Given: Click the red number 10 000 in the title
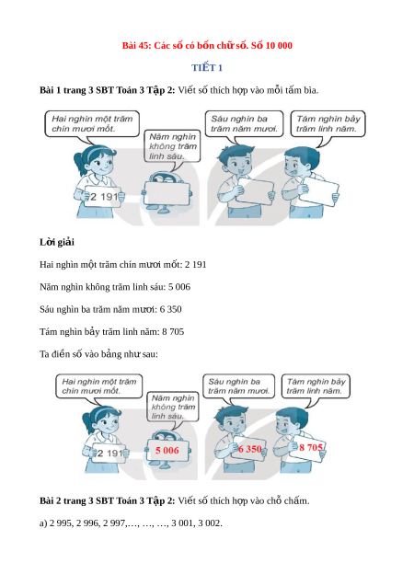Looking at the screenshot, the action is point(279,46).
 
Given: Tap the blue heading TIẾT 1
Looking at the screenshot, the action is point(207,68).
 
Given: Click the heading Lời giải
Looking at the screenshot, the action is point(57,242).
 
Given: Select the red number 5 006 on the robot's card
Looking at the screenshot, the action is point(167,451).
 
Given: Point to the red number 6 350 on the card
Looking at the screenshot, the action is point(250,449).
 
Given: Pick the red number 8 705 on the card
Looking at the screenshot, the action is point(311,447).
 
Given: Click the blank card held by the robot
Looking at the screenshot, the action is point(167,193).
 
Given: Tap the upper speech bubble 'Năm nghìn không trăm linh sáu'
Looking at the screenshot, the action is point(172,146).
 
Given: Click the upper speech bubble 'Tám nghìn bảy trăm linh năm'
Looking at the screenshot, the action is point(328,123).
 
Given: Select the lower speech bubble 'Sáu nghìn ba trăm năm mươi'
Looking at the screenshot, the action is point(238,386).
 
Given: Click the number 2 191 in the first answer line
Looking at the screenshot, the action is point(195,265).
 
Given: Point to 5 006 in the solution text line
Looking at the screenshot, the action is point(179,287).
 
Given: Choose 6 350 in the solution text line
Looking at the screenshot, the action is point(171,309).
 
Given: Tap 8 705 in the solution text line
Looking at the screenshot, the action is point(173,332).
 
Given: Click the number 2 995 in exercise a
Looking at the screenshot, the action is point(61,523).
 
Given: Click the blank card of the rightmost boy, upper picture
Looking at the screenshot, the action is point(320,191).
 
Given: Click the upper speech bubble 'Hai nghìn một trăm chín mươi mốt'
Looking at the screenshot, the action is point(92,123).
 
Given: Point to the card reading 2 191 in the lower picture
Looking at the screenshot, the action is point(109,454).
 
